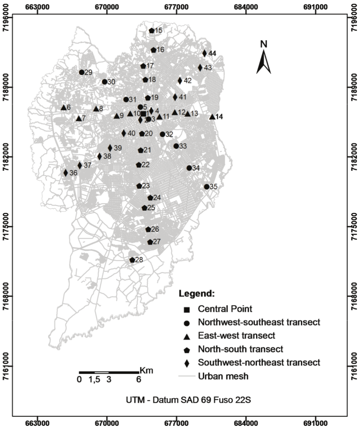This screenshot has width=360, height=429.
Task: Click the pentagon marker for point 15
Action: click(x=152, y=31)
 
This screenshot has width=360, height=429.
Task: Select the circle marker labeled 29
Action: click(x=82, y=72)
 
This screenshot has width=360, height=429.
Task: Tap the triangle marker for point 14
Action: click(x=212, y=117)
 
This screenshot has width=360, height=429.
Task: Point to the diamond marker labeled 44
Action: click(x=204, y=53)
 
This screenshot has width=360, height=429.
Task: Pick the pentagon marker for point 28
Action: click(x=132, y=260)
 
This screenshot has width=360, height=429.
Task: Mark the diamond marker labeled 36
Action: click(x=66, y=173)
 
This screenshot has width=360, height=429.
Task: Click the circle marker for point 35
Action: click(x=206, y=187)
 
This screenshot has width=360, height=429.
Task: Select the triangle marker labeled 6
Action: click(x=64, y=107)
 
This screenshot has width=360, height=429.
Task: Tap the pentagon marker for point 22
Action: click(x=138, y=165)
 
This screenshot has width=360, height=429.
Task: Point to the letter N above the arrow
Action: click(x=264, y=44)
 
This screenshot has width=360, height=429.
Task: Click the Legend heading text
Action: click(x=197, y=293)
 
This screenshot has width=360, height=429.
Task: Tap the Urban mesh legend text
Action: click(x=223, y=376)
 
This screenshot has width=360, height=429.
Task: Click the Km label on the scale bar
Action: click(x=146, y=370)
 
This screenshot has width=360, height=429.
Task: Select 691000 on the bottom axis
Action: click(x=316, y=423)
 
